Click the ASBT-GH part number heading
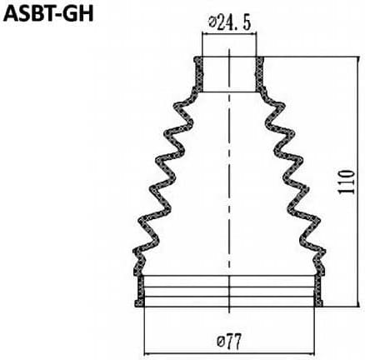48,14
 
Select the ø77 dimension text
229,342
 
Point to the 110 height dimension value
347,182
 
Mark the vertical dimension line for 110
357,182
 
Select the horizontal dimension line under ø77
229,354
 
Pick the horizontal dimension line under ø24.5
229,34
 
